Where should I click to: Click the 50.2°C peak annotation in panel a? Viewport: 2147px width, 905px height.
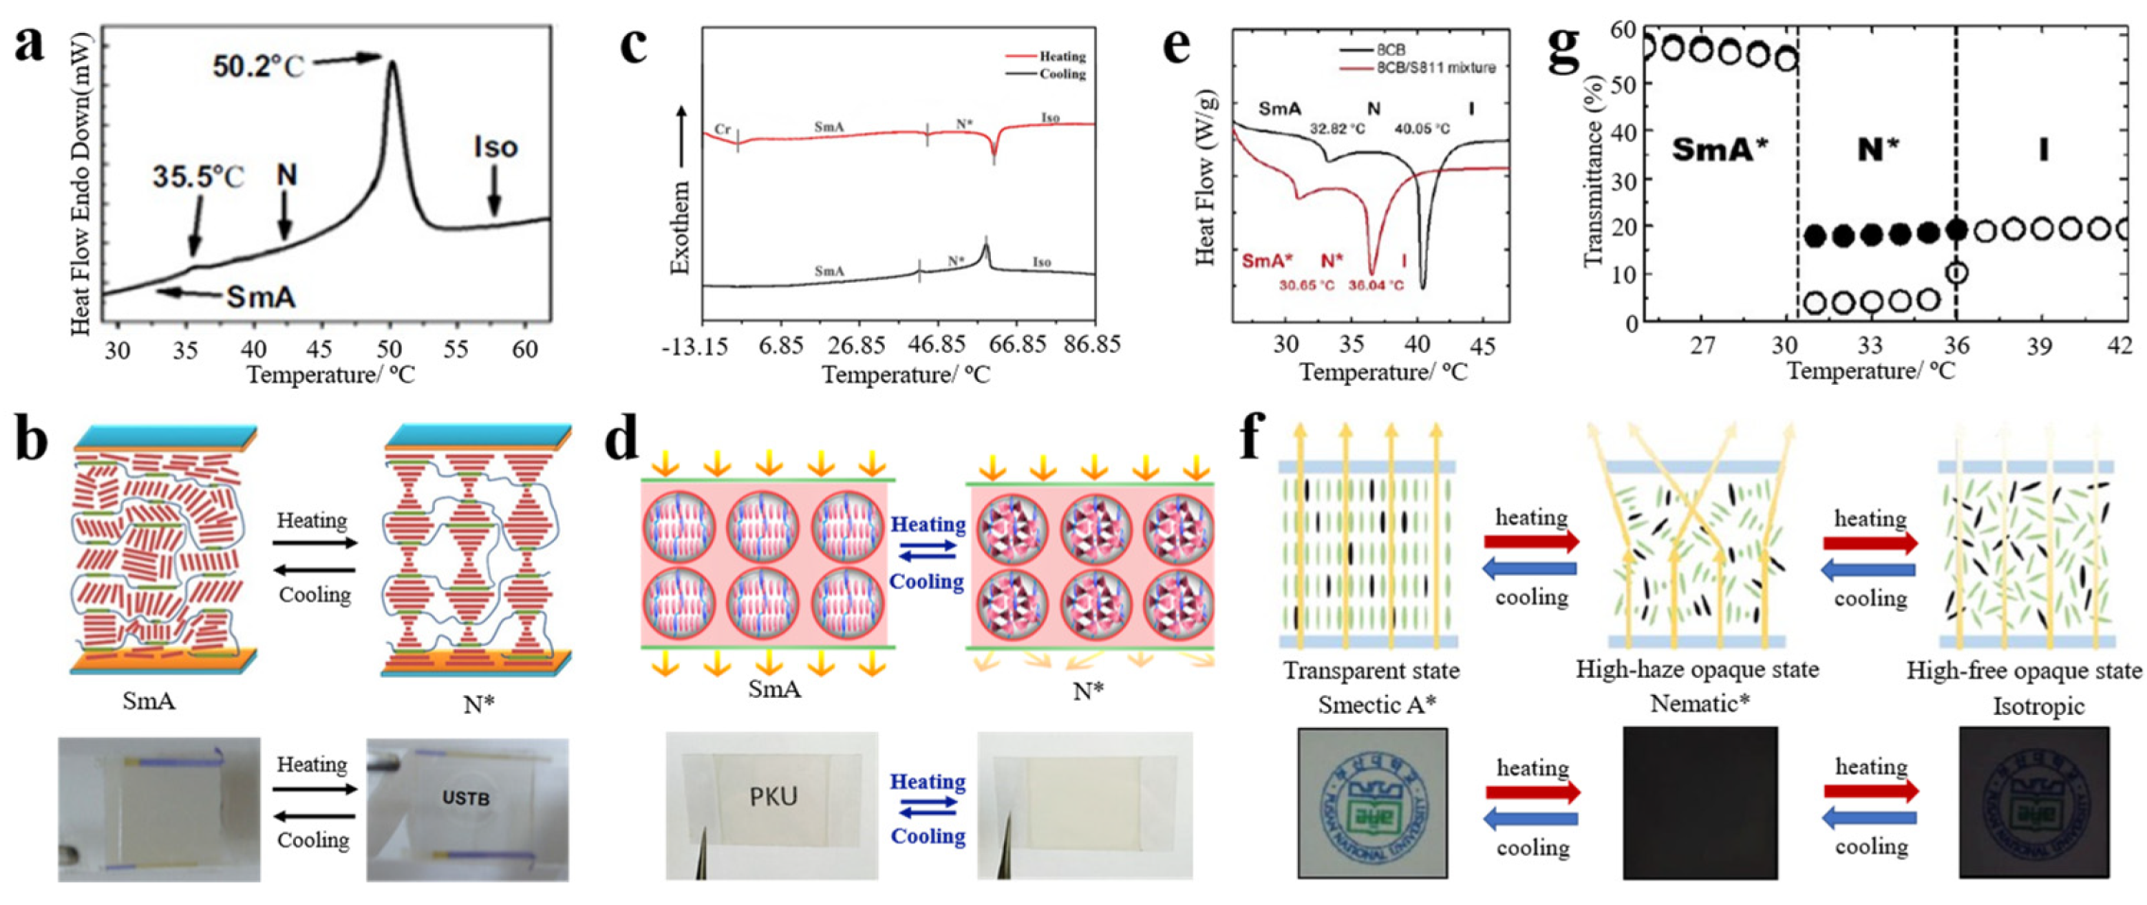257,65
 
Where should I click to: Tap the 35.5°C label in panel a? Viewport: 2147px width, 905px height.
198,177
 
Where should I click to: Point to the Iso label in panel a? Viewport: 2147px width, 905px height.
495,148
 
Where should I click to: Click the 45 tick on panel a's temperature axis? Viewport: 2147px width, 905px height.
320,349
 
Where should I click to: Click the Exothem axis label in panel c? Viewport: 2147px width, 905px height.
680,227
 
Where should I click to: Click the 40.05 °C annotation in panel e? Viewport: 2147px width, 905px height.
1422,129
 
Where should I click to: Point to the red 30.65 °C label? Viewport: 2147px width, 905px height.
1307,286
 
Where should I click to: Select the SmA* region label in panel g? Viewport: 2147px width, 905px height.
1719,149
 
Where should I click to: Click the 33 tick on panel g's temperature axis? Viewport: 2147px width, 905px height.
1869,345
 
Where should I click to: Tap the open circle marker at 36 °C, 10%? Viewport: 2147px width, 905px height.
1956,273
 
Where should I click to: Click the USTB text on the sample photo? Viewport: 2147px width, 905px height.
465,798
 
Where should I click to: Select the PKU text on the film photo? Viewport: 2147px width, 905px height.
773,796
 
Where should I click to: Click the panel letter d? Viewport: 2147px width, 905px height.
621,441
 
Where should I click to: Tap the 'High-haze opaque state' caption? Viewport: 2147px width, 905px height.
1697,670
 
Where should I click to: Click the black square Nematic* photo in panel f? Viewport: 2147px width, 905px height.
1699,803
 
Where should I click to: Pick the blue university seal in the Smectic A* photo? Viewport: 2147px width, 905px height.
1372,802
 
